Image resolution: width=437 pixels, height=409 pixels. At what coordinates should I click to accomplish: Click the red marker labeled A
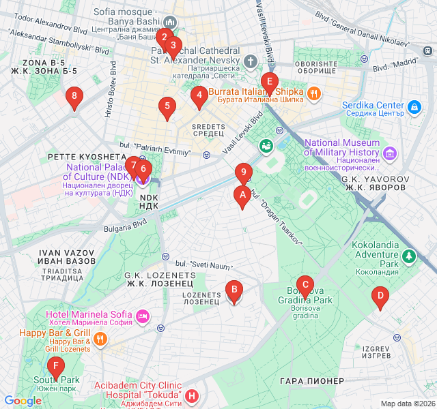[240, 197]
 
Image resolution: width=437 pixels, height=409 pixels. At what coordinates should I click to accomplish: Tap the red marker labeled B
[234, 292]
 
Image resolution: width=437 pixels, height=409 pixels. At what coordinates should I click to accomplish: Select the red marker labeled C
[305, 285]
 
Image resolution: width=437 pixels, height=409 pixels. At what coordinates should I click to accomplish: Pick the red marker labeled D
[378, 296]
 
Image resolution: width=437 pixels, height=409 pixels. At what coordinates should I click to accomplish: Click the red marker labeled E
[270, 84]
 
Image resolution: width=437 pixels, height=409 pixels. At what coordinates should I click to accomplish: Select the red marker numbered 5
[166, 106]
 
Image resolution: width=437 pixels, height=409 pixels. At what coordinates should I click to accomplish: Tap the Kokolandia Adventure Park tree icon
[408, 256]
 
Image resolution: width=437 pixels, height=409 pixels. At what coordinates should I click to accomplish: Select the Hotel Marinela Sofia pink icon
[143, 316]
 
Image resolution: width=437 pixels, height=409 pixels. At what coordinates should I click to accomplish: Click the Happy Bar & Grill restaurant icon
[100, 338]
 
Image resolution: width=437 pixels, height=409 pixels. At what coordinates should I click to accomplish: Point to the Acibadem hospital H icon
[193, 395]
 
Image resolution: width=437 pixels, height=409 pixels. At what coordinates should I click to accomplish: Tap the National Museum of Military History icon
[390, 152]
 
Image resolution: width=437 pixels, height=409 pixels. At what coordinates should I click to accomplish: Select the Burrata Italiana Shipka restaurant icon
[313, 93]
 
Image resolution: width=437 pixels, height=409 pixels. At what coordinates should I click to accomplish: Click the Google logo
[23, 401]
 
